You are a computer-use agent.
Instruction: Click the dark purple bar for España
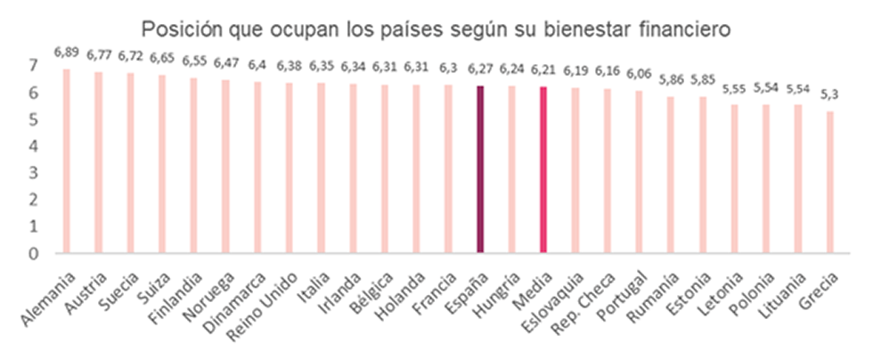[x=480, y=169]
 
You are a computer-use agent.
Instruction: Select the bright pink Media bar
[x=543, y=169]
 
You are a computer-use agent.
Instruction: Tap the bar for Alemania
[x=67, y=160]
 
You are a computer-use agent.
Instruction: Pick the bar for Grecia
[x=830, y=182]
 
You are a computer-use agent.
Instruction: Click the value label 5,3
[x=830, y=96]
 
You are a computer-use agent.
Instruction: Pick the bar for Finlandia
[x=194, y=165]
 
